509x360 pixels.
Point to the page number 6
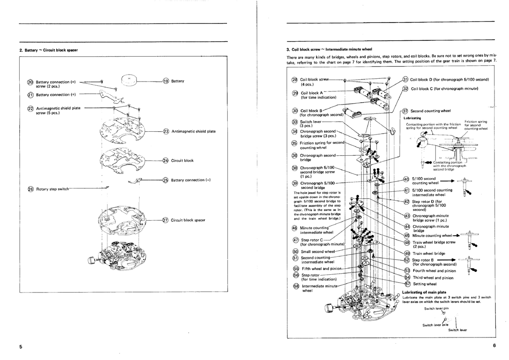coord(494,345)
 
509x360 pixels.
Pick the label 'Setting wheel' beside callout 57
coord(424,284)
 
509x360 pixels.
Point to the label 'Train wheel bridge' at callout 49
coord(428,253)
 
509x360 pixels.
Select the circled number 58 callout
coord(295,285)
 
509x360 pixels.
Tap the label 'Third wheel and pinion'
coord(433,277)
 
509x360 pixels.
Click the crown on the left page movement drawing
coord(92,261)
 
